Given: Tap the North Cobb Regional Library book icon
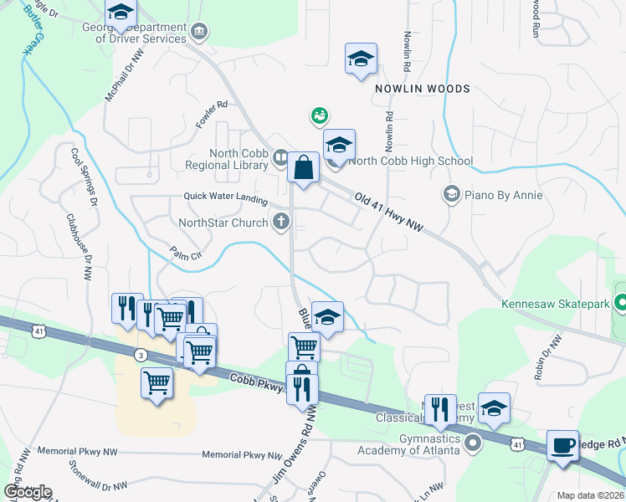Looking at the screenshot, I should coord(280,156).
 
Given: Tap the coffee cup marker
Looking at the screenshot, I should coord(562,444).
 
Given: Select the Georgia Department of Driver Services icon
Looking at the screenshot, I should coord(199,33).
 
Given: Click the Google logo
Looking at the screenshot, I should coord(28,492).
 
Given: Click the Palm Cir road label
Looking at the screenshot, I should coord(187,254).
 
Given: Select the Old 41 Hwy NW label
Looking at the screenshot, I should coord(391,212).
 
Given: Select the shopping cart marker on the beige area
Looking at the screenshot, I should coord(156,384).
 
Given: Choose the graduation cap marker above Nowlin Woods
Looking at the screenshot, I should coord(361,59).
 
